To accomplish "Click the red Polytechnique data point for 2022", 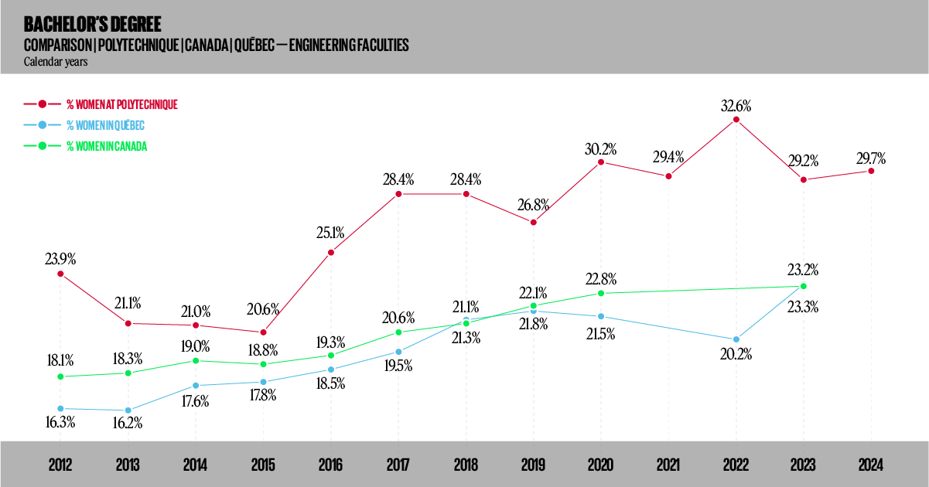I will pos(736,119).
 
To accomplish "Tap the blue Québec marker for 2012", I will pos(60,408).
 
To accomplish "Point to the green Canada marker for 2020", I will pos(601,293).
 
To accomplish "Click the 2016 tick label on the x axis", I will pos(330,465).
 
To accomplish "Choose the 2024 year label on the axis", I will pos(871,465).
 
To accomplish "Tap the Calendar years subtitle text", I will pos(55,62).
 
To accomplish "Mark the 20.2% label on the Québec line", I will pos(736,356).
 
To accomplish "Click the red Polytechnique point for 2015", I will pos(263,332).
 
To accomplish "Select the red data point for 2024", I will pos(871,171).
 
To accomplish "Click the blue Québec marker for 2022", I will pos(736,339).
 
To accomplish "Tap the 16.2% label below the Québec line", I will pos(128,424).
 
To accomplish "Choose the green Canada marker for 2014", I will pos(196,361).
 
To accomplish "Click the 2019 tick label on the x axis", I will pos(533,465).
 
